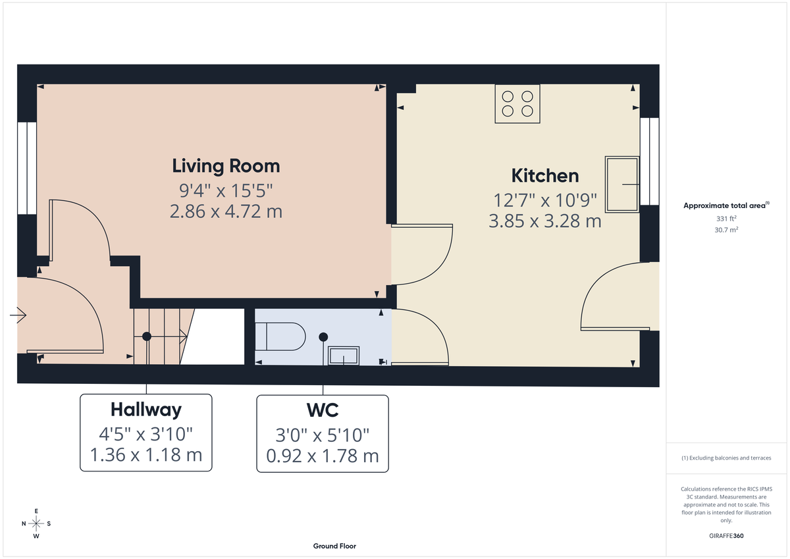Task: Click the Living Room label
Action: pos(226,165)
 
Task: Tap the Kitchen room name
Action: pos(545,175)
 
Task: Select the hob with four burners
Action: pos(517,104)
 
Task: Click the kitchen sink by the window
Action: pos(622,184)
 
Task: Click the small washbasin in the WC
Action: pos(344,356)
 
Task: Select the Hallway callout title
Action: pos(145,410)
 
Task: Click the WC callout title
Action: pos(322,410)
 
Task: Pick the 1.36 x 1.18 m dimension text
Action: pos(145,455)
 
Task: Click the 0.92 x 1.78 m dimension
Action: pos(322,455)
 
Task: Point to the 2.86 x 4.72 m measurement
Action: pos(226,212)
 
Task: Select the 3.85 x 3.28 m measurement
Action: pos(545,221)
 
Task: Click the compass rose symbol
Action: pos(36,523)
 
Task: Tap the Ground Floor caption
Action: pos(334,546)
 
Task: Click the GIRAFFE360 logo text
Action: pos(727,536)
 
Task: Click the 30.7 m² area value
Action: pos(726,230)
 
